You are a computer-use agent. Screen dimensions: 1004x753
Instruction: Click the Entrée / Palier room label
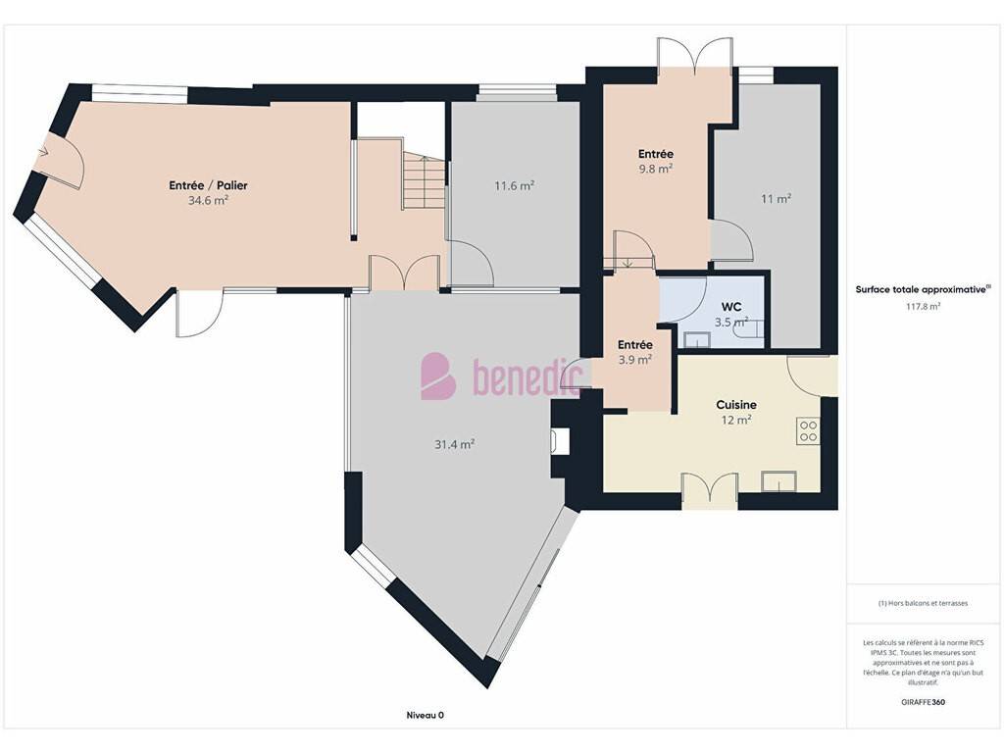[x=208, y=185]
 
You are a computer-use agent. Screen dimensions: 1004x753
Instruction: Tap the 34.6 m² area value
[x=208, y=200]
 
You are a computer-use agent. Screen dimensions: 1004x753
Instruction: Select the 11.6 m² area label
[x=514, y=186]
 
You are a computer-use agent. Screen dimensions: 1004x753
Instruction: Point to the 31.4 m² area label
[x=455, y=444]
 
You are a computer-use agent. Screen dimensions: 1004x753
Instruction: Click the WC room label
[x=731, y=307]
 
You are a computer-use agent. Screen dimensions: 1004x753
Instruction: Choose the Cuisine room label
[x=736, y=405]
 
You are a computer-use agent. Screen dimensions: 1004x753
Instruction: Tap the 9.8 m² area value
[x=656, y=169]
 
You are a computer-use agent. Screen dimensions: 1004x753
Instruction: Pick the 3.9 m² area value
[x=635, y=360]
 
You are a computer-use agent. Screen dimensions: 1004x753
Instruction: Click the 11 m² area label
[x=777, y=199]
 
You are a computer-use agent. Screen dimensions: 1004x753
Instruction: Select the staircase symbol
[x=424, y=181]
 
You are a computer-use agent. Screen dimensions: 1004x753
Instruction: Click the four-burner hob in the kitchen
[x=808, y=431]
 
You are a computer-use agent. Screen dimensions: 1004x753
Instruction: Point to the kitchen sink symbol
[x=778, y=481]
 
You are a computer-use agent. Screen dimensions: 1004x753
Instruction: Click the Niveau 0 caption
[x=426, y=715]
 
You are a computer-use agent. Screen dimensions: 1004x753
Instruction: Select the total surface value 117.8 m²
[x=923, y=307]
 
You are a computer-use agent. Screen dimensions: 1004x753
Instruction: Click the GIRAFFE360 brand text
[x=923, y=702]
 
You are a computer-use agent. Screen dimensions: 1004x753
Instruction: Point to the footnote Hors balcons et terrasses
[x=923, y=603]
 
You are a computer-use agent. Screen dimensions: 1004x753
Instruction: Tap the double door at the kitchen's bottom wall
[x=710, y=492]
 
